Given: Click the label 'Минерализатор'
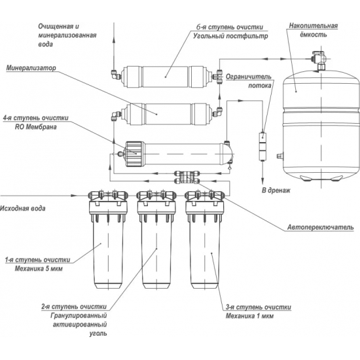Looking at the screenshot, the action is coord(31,68).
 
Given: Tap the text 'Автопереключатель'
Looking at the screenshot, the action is coord(321,227).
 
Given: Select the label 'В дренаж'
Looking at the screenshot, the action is coord(276,190).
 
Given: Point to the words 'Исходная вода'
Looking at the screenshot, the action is coord(22,208).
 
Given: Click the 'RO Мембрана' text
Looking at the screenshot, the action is coord(36,127).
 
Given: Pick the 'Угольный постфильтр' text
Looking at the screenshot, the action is coord(230,36).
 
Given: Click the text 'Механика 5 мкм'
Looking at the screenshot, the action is coord(39,268).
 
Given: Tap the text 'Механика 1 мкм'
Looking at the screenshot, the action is coord(249,316).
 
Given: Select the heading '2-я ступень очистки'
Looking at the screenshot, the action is coord(74,307).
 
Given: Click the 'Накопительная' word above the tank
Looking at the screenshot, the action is coord(313,26).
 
